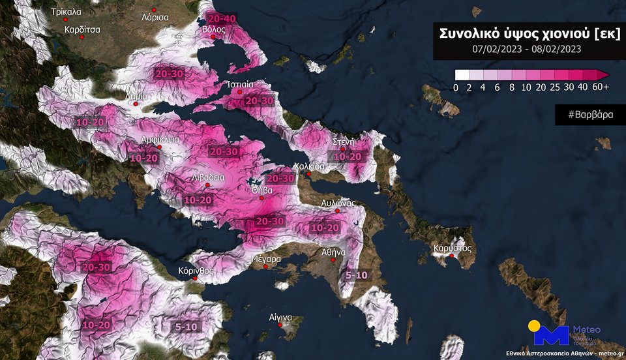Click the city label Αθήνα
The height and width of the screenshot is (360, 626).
(333, 252)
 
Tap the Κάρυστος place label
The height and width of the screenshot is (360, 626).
(450, 248)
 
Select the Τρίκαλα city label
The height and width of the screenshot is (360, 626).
(66, 12)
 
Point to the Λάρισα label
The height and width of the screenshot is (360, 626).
(155, 18)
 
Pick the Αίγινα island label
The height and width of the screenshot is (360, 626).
(280, 317)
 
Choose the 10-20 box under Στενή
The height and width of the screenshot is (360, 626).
(347, 157)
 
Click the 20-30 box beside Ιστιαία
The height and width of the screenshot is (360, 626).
(260, 100)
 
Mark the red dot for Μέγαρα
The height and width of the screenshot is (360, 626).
(266, 267)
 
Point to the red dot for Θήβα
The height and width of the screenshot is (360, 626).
(262, 198)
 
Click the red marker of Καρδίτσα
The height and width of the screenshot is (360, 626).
(82, 38)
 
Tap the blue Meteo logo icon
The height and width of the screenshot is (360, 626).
(550, 333)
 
